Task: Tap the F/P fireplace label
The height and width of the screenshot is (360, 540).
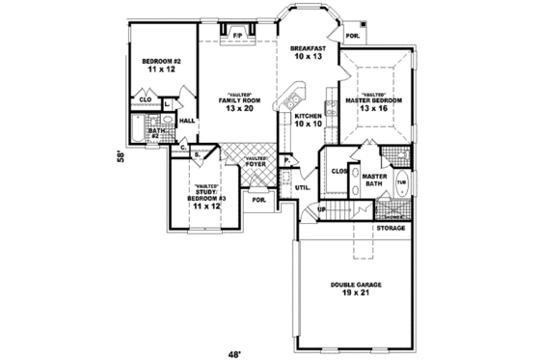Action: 236,37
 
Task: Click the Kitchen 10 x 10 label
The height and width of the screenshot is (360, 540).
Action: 310,121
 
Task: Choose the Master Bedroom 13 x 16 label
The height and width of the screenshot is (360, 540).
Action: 374,104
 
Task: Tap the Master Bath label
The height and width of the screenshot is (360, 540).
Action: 374,181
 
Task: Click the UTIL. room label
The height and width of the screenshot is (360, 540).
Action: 302,187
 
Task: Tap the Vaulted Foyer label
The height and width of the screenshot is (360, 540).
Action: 256,160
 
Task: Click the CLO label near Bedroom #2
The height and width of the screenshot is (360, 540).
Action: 146,99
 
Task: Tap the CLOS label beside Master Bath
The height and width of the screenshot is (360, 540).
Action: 338,171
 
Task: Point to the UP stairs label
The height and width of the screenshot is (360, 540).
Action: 323,208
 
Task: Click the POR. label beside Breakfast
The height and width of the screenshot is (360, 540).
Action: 352,38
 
